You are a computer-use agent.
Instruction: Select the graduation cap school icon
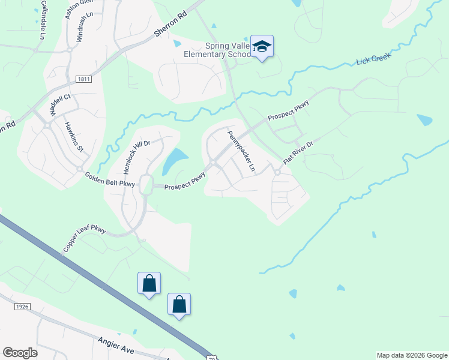click(x=262, y=46)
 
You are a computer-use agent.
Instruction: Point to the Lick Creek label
click(x=373, y=58)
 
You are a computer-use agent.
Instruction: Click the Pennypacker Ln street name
click(x=241, y=151)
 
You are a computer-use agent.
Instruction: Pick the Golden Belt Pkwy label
click(x=111, y=179)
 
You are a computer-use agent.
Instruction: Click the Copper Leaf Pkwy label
click(x=84, y=239)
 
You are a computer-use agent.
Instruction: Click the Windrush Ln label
click(x=85, y=26)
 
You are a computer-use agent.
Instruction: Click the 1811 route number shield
click(x=83, y=79)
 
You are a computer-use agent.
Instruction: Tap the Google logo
click(x=20, y=353)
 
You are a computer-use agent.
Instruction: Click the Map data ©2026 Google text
click(x=411, y=355)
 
